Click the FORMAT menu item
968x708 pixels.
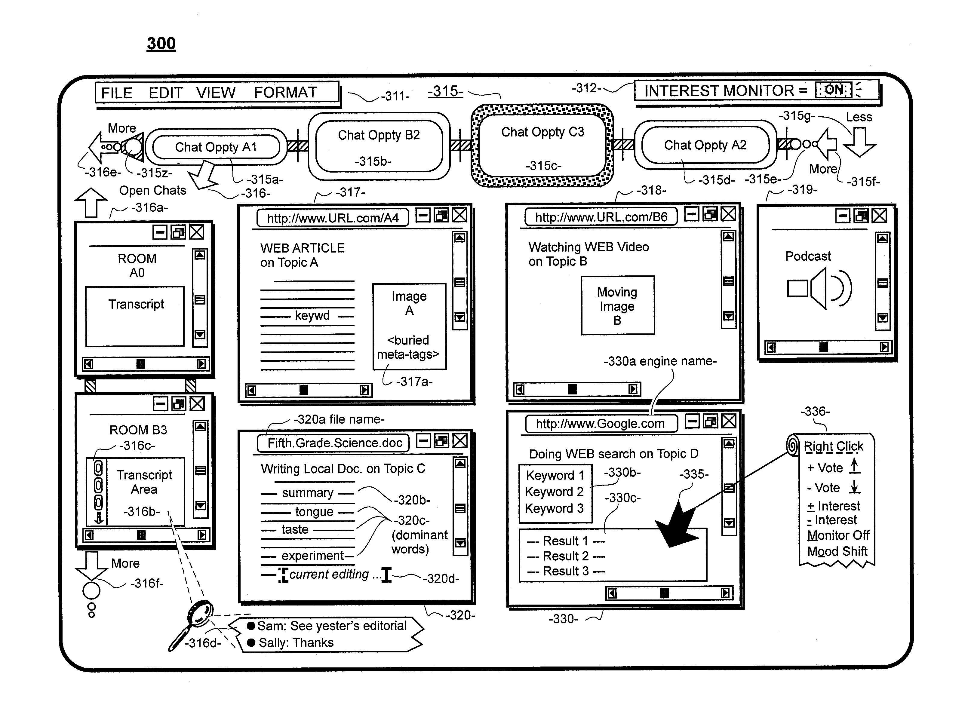[x=285, y=93]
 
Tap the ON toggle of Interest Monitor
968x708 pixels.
[x=833, y=90]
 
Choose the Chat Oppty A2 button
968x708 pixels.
[x=705, y=145]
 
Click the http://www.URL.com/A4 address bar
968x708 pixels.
[x=333, y=218]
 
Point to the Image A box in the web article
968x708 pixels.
[x=409, y=326]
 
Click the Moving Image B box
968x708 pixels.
[x=618, y=305]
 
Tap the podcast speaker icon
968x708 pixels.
[x=819, y=288]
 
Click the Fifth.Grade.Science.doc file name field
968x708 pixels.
[x=333, y=443]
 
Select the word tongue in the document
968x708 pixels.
[x=314, y=512]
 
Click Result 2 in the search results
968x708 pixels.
[x=565, y=556]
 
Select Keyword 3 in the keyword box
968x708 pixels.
[x=554, y=509]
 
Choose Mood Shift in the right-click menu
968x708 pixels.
[x=837, y=551]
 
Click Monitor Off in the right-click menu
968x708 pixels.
[x=838, y=535]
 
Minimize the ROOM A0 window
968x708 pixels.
[x=160, y=233]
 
